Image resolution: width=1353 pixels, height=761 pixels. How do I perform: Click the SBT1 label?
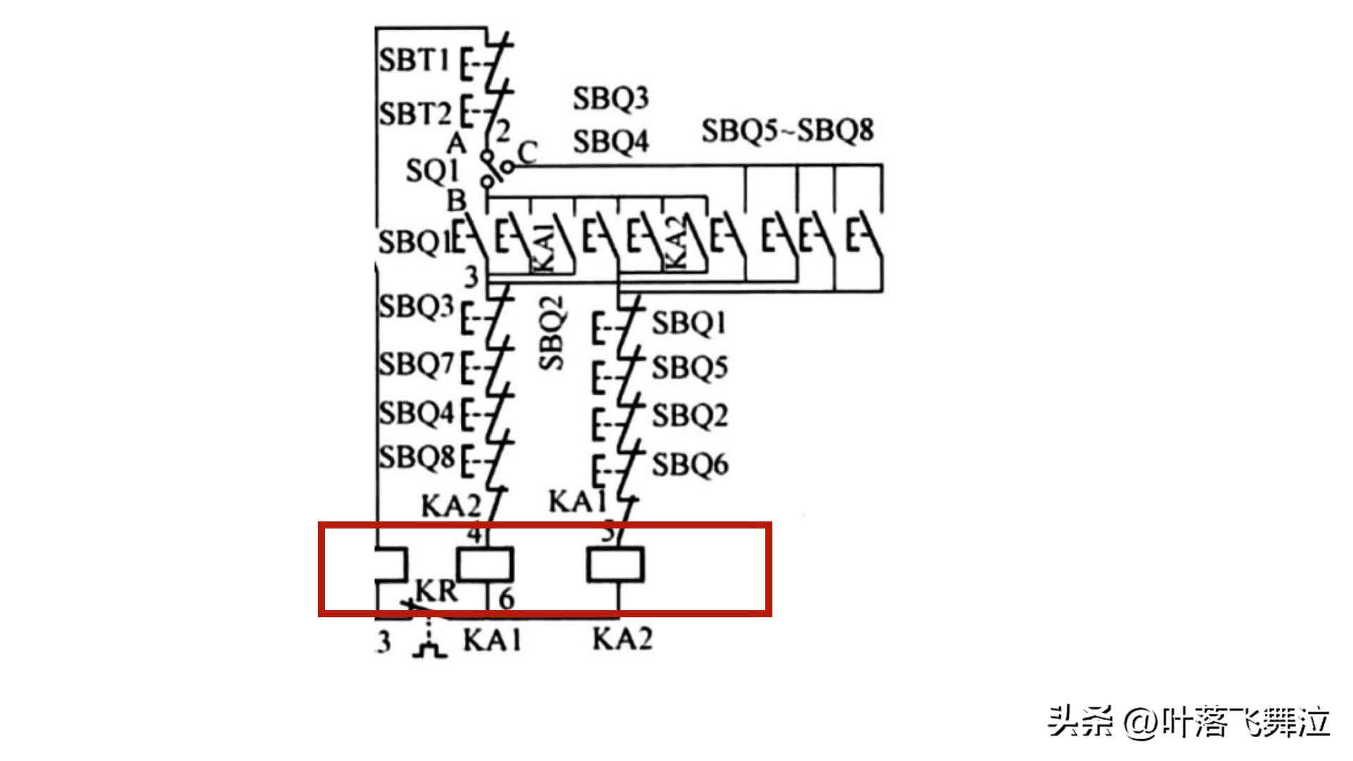(414, 60)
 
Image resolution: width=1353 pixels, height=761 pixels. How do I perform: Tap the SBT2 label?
(414, 113)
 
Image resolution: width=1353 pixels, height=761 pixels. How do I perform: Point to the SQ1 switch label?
(432, 171)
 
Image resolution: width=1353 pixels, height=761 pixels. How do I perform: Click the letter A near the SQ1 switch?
(457, 144)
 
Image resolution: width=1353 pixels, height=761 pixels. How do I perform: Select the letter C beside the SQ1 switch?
(528, 151)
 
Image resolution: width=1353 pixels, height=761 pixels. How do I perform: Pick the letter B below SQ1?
(457, 201)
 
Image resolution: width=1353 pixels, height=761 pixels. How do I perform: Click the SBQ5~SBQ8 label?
(787, 130)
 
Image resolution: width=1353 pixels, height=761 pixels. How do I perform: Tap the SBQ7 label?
(416, 364)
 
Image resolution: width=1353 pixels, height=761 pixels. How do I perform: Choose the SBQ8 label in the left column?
(416, 457)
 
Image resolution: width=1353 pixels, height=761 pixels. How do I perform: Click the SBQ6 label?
(689, 465)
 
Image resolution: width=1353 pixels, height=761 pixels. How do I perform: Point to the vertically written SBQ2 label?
(552, 333)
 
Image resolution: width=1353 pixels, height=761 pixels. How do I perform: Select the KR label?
(437, 590)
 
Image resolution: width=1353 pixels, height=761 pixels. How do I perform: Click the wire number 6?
(507, 599)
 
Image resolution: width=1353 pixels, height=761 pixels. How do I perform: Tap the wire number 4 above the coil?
(475, 534)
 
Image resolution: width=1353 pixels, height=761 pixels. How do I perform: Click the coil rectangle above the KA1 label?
(485, 564)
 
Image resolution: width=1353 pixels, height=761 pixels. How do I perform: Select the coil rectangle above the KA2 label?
(616, 565)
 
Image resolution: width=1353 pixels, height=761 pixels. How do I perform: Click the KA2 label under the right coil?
(622, 639)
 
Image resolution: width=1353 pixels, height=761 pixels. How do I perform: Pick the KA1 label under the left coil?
(492, 640)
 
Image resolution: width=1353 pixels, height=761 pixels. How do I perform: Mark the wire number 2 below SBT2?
(503, 131)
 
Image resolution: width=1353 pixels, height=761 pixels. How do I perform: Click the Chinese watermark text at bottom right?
(1189, 723)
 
